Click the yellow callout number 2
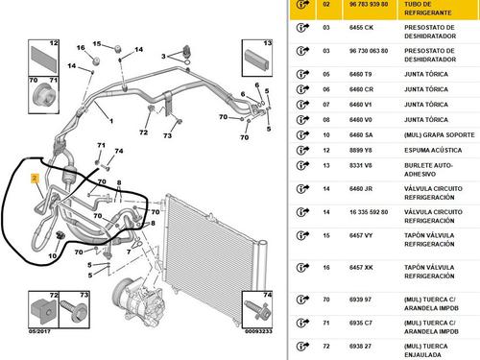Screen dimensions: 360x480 pos(35,179)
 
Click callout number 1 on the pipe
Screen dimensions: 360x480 pos(109,122)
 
